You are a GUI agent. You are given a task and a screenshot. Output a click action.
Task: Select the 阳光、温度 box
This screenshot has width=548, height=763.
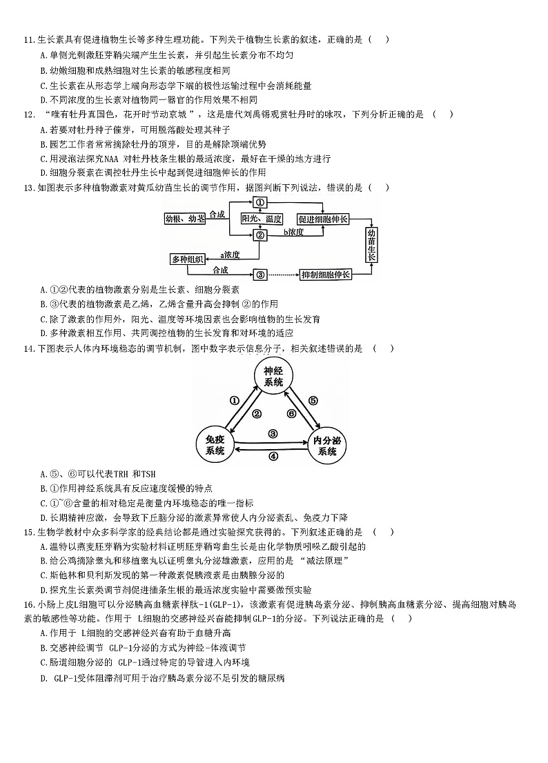[x=262, y=219]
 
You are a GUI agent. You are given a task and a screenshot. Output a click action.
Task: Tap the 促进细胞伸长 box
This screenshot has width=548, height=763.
[x=324, y=219]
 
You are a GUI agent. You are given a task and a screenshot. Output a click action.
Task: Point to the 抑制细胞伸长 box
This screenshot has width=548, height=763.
[x=326, y=275]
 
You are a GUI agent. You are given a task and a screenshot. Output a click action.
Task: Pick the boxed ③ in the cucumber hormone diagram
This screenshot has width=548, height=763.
[x=260, y=275]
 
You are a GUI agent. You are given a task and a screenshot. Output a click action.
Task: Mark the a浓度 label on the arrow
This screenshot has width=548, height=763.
[x=230, y=255]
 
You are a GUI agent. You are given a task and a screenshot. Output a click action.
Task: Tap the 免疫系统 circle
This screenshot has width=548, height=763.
[x=215, y=445]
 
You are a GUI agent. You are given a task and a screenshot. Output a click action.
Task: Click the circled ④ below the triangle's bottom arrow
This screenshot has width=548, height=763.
[x=273, y=456]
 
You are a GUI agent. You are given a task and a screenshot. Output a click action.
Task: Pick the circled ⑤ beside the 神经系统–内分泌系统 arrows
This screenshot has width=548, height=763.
[x=313, y=400]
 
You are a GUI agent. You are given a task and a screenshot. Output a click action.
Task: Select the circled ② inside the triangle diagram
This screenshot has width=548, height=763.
[x=256, y=414]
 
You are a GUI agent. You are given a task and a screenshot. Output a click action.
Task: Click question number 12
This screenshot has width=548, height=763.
[x=29, y=115]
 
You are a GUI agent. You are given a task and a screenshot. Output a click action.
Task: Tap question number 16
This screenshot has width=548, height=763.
[x=29, y=604]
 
